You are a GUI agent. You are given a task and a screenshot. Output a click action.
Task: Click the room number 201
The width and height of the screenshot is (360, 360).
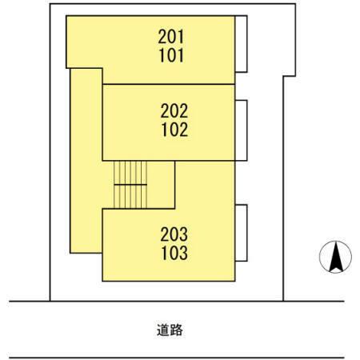click(x=171, y=37)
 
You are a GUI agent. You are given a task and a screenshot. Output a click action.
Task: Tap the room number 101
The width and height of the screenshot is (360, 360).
click(x=171, y=55)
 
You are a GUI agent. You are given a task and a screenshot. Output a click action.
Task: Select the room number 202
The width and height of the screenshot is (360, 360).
click(x=174, y=111)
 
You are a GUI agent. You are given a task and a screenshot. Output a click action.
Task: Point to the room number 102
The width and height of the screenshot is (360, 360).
click(x=174, y=130)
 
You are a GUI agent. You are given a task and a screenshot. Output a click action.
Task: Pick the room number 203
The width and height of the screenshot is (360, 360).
click(x=174, y=234)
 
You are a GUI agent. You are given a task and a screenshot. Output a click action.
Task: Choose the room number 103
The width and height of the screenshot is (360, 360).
click(x=174, y=253)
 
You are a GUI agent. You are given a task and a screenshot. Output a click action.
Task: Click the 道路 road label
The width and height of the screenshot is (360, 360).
click(x=170, y=330)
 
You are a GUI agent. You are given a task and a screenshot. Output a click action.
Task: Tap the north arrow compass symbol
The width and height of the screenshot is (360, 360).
click(x=335, y=257)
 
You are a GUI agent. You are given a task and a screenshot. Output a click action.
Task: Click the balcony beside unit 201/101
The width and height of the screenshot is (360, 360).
click(x=241, y=44)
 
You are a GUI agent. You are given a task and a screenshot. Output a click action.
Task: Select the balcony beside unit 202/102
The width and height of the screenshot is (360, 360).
click(x=241, y=130)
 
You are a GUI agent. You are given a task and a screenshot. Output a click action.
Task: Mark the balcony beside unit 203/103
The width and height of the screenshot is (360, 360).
click(x=241, y=233)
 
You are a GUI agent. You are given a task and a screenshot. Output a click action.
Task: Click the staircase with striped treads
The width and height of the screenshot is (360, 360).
click(x=130, y=185)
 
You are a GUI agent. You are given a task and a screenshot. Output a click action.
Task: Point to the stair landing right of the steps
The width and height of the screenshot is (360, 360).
click(x=161, y=185)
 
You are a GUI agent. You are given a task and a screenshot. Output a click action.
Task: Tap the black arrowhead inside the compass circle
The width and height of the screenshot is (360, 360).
click(x=336, y=257)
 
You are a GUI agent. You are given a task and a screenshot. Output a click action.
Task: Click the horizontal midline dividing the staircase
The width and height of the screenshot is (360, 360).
click(x=130, y=185)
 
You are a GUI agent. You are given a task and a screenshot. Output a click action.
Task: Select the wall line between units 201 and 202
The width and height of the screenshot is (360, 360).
click(x=169, y=84)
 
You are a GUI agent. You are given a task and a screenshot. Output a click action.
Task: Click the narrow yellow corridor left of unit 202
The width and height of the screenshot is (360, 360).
click(x=86, y=161)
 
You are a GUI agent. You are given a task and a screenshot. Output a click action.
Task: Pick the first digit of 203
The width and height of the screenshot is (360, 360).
click(x=165, y=234)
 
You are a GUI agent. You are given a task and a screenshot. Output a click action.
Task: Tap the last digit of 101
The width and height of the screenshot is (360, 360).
click(x=181, y=55)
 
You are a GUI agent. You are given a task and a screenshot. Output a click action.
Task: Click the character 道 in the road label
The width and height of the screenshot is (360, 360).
click(x=163, y=330)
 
